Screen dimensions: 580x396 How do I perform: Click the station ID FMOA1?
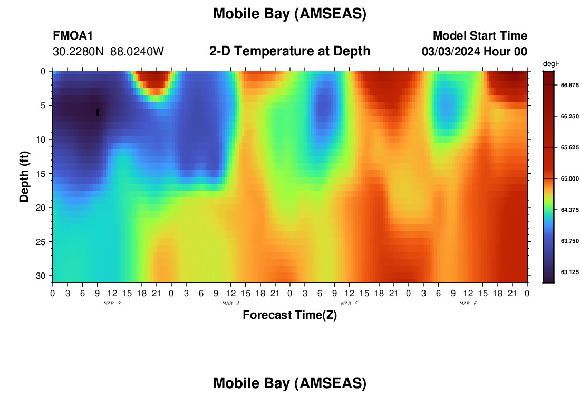(73, 35)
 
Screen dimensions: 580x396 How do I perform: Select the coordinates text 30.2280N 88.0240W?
(108, 52)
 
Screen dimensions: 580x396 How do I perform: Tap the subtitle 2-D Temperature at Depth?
(289, 51)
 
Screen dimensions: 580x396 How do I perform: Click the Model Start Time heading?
(480, 35)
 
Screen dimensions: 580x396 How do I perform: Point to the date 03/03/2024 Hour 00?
(474, 52)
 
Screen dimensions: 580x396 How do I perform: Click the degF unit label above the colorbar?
(551, 64)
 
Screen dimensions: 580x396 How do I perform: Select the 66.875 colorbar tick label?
(569, 85)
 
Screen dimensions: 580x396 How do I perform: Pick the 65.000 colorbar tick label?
(569, 178)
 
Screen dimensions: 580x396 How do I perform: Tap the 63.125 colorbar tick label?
(569, 272)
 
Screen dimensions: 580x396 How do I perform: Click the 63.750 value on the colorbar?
(569, 241)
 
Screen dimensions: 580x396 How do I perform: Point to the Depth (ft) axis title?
(24, 177)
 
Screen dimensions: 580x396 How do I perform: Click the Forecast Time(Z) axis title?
(289, 315)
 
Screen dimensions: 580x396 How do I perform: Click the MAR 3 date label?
(112, 304)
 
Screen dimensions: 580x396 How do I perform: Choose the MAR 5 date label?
(349, 304)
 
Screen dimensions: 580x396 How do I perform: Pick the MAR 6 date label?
(468, 304)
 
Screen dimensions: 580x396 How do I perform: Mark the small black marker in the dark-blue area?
(98, 112)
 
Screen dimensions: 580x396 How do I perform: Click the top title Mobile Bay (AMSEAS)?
(289, 14)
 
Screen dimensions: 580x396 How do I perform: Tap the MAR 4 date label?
(230, 304)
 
